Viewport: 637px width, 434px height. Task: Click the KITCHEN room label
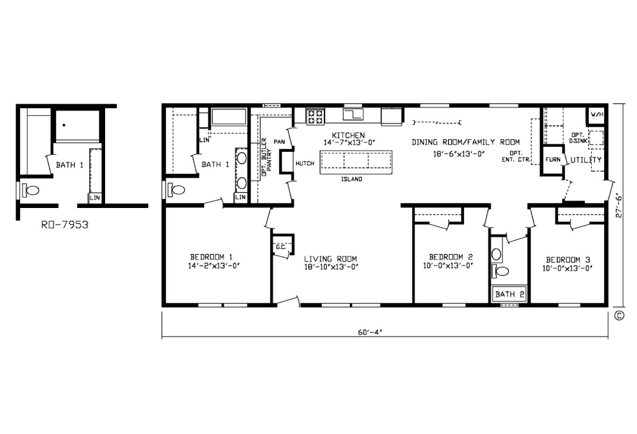[x=348, y=135]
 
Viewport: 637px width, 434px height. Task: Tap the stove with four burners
[x=315, y=117]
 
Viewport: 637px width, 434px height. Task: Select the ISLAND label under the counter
[x=351, y=179]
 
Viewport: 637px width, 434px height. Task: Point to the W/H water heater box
[x=597, y=115]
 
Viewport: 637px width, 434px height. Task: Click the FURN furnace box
[x=553, y=159]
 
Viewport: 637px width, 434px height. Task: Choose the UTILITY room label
[x=586, y=160]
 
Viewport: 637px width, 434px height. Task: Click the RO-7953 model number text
[x=64, y=224]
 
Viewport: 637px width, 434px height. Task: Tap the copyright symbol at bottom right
[x=619, y=315]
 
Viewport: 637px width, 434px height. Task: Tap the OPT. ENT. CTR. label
[x=517, y=155]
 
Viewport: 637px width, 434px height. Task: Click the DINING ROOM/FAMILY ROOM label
[x=466, y=142]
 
